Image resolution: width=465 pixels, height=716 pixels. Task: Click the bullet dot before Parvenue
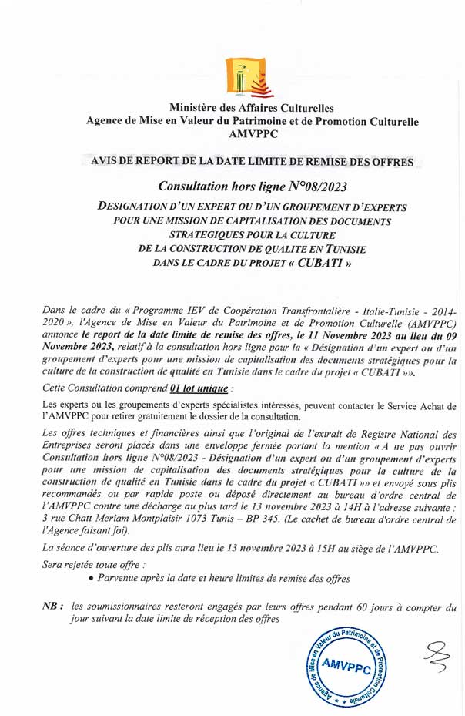pos(92,578)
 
